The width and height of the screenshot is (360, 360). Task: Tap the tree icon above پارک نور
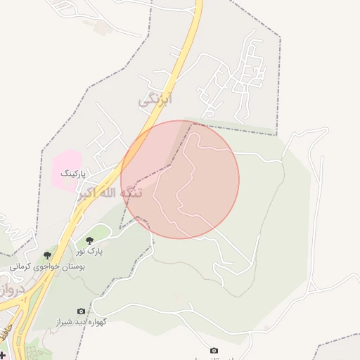[89, 240]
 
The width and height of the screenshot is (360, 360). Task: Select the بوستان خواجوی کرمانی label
[47, 267]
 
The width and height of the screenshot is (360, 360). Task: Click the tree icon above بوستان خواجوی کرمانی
[47, 255]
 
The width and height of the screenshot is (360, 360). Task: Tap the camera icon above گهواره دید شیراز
[81, 311]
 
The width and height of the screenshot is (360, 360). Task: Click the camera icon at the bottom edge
[214, 350]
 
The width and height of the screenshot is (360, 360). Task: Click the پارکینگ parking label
[72, 172]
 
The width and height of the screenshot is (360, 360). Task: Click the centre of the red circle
[180, 180]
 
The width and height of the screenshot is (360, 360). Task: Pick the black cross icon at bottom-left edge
[2, 354]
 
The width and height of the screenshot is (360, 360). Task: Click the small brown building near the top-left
[101, 27]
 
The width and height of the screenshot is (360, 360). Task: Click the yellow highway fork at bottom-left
[26, 309]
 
